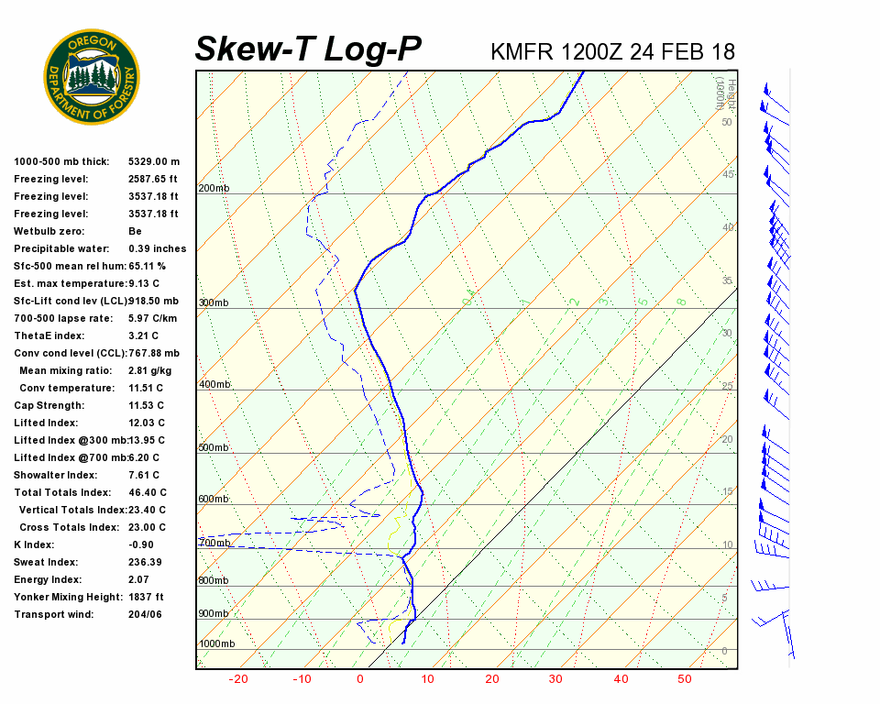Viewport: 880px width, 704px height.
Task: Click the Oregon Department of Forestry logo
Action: [x=92, y=76]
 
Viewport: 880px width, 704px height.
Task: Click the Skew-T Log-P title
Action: [x=308, y=49]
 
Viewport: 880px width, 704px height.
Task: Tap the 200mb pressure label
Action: [x=214, y=189]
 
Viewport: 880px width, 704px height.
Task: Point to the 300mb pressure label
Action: [x=214, y=303]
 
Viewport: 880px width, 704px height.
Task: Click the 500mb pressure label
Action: [x=214, y=448]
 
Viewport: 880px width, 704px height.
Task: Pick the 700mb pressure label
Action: [x=214, y=544]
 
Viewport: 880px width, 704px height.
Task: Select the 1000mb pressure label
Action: [x=216, y=644]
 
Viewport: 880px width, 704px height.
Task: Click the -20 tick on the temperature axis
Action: [x=238, y=679]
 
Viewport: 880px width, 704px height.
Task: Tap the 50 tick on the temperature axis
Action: [x=684, y=679]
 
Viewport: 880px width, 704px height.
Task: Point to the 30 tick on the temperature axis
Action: [x=555, y=679]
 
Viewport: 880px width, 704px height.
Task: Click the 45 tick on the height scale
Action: [x=728, y=174]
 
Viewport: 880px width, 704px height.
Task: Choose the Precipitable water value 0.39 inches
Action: [x=157, y=248]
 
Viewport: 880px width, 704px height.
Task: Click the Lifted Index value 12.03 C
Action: [x=147, y=423]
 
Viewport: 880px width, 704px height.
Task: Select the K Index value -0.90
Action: [x=141, y=544]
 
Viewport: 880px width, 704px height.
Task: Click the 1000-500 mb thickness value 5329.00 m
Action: [x=154, y=161]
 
